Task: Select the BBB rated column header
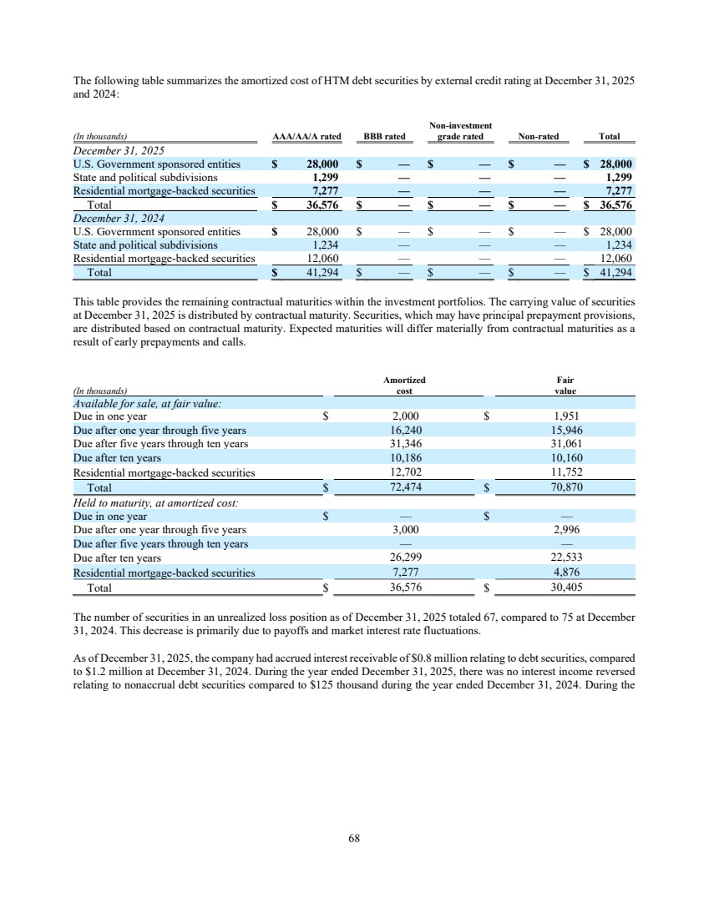(x=384, y=136)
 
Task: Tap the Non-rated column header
(x=539, y=136)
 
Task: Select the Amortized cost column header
(x=404, y=385)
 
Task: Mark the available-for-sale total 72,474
(x=404, y=487)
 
